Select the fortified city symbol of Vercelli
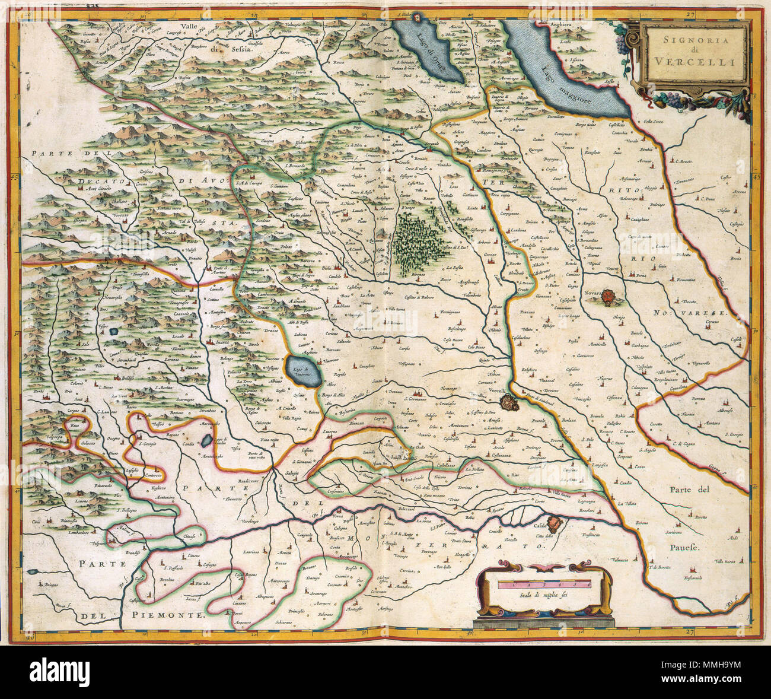coord(508,403)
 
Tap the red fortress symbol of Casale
coord(554,523)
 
